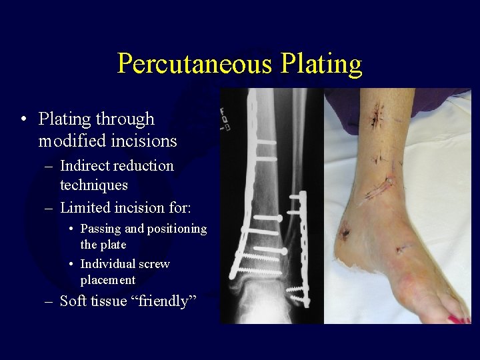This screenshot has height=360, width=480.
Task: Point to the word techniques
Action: pos(93,185)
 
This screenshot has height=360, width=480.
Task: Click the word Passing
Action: pos(101,229)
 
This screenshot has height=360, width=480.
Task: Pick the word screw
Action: pos(155,263)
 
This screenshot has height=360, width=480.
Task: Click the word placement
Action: pos(107,280)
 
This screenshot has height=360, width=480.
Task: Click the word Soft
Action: pos(73,301)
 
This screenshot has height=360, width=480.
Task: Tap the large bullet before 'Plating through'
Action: pos(23,120)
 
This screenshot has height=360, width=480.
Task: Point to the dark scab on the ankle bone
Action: pos(345,233)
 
